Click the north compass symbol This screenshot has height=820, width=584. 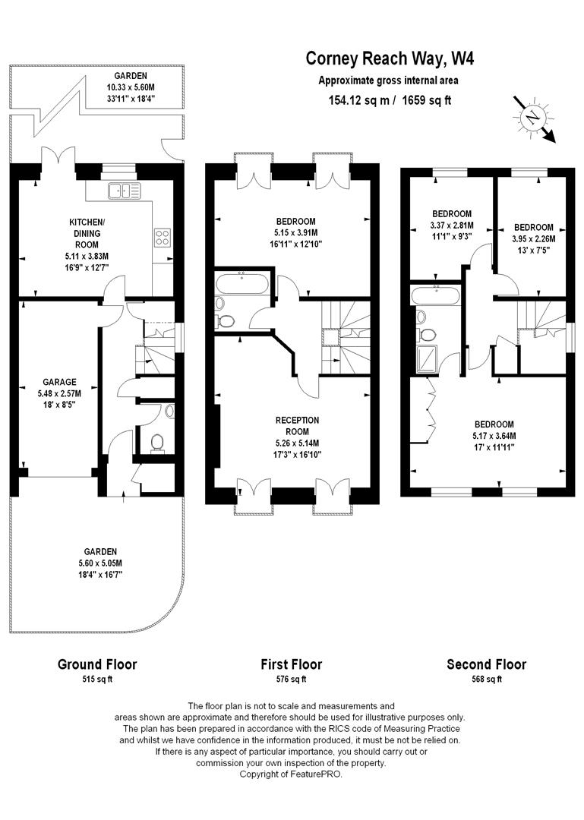pos(535,117)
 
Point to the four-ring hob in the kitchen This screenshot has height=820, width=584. pos(163,237)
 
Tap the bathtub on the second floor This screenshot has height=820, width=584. pos(434,295)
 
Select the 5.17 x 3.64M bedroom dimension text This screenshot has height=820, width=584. pos(494,436)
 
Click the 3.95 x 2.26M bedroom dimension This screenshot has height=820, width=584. pos(533,239)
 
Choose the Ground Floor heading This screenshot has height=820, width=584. pos(97,664)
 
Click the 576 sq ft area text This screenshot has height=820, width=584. pos(291,679)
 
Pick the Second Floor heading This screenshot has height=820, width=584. pos(486,664)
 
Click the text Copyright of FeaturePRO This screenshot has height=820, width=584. pos(291,774)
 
